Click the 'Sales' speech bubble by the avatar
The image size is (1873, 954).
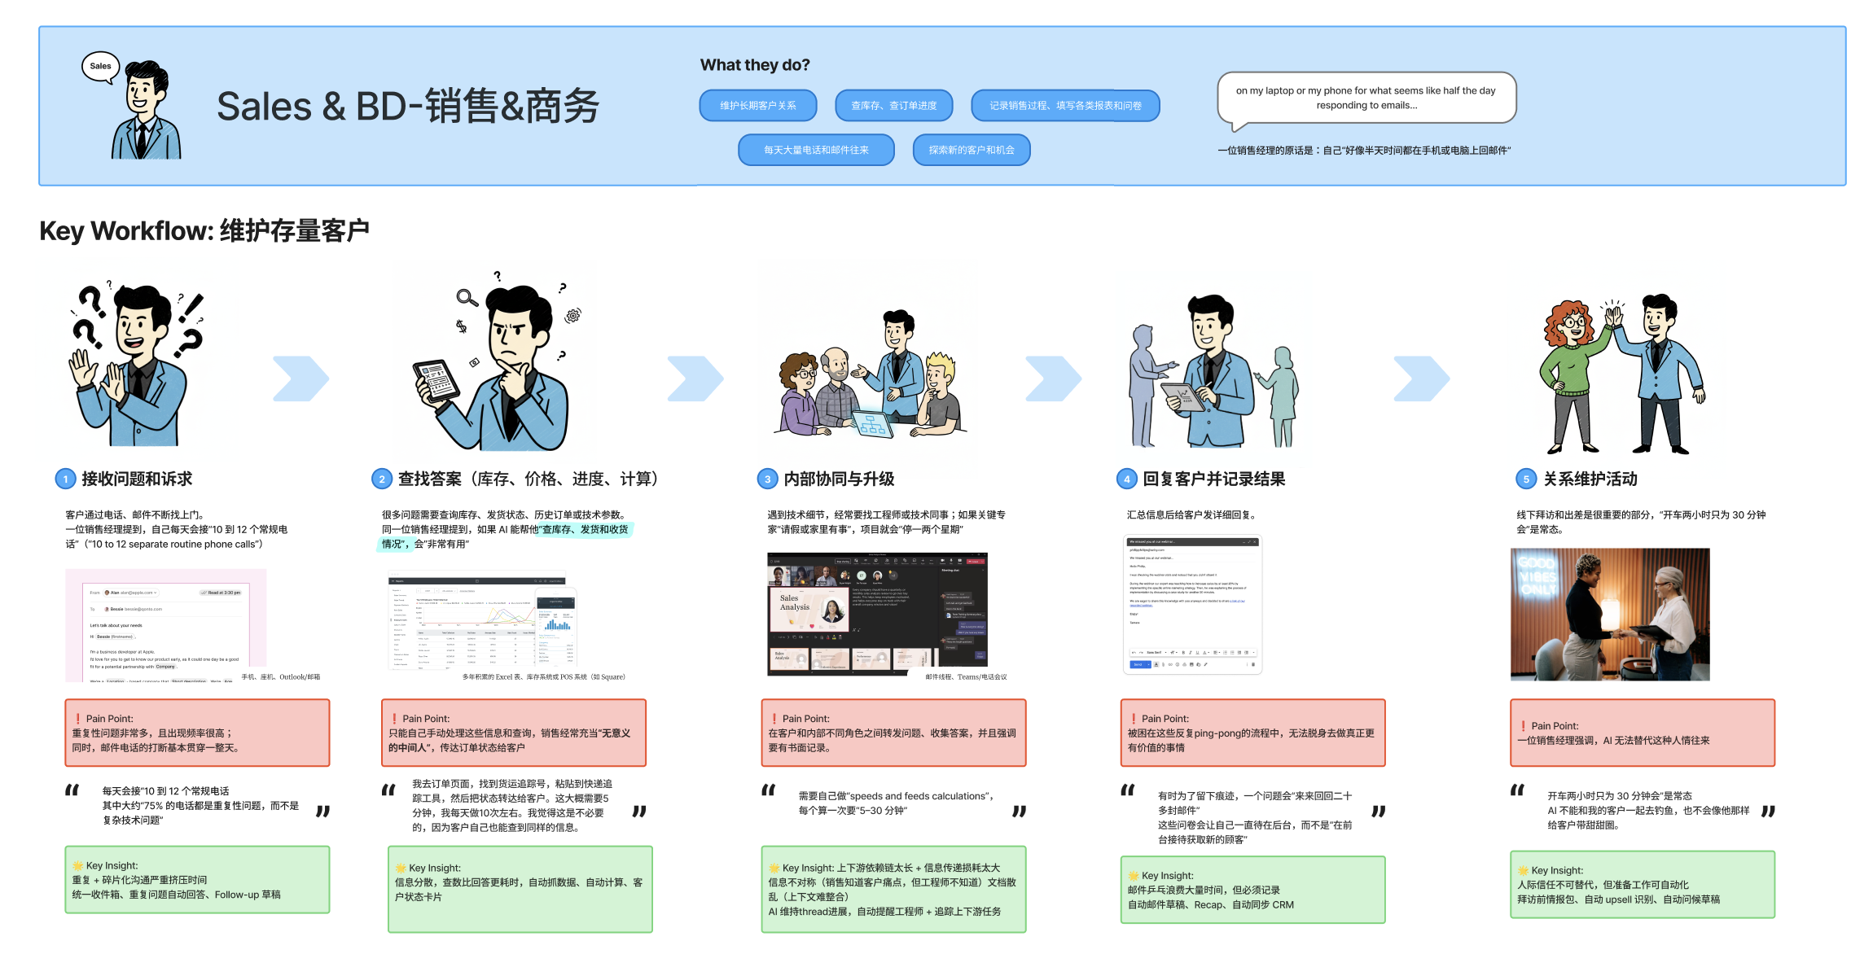click(100, 67)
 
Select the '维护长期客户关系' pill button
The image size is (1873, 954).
click(757, 106)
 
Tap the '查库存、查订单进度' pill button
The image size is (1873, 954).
click(893, 106)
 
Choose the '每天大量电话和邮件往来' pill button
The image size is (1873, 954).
click(815, 150)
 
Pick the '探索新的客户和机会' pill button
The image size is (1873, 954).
click(971, 150)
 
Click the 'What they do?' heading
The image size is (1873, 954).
click(754, 65)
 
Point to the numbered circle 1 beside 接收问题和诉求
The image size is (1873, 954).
click(65, 479)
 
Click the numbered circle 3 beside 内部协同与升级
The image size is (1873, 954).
click(766, 479)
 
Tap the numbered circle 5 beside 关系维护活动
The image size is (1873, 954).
click(1525, 479)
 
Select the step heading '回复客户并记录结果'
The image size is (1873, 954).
click(1213, 479)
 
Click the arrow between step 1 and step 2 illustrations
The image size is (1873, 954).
click(300, 379)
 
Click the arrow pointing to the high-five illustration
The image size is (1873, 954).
click(1421, 379)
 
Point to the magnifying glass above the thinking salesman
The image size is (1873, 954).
click(467, 298)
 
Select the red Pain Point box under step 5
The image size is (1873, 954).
click(1642, 733)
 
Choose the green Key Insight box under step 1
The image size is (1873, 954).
click(197, 880)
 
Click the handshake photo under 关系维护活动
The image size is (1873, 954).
click(1609, 614)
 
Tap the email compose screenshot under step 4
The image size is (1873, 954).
click(1192, 604)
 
